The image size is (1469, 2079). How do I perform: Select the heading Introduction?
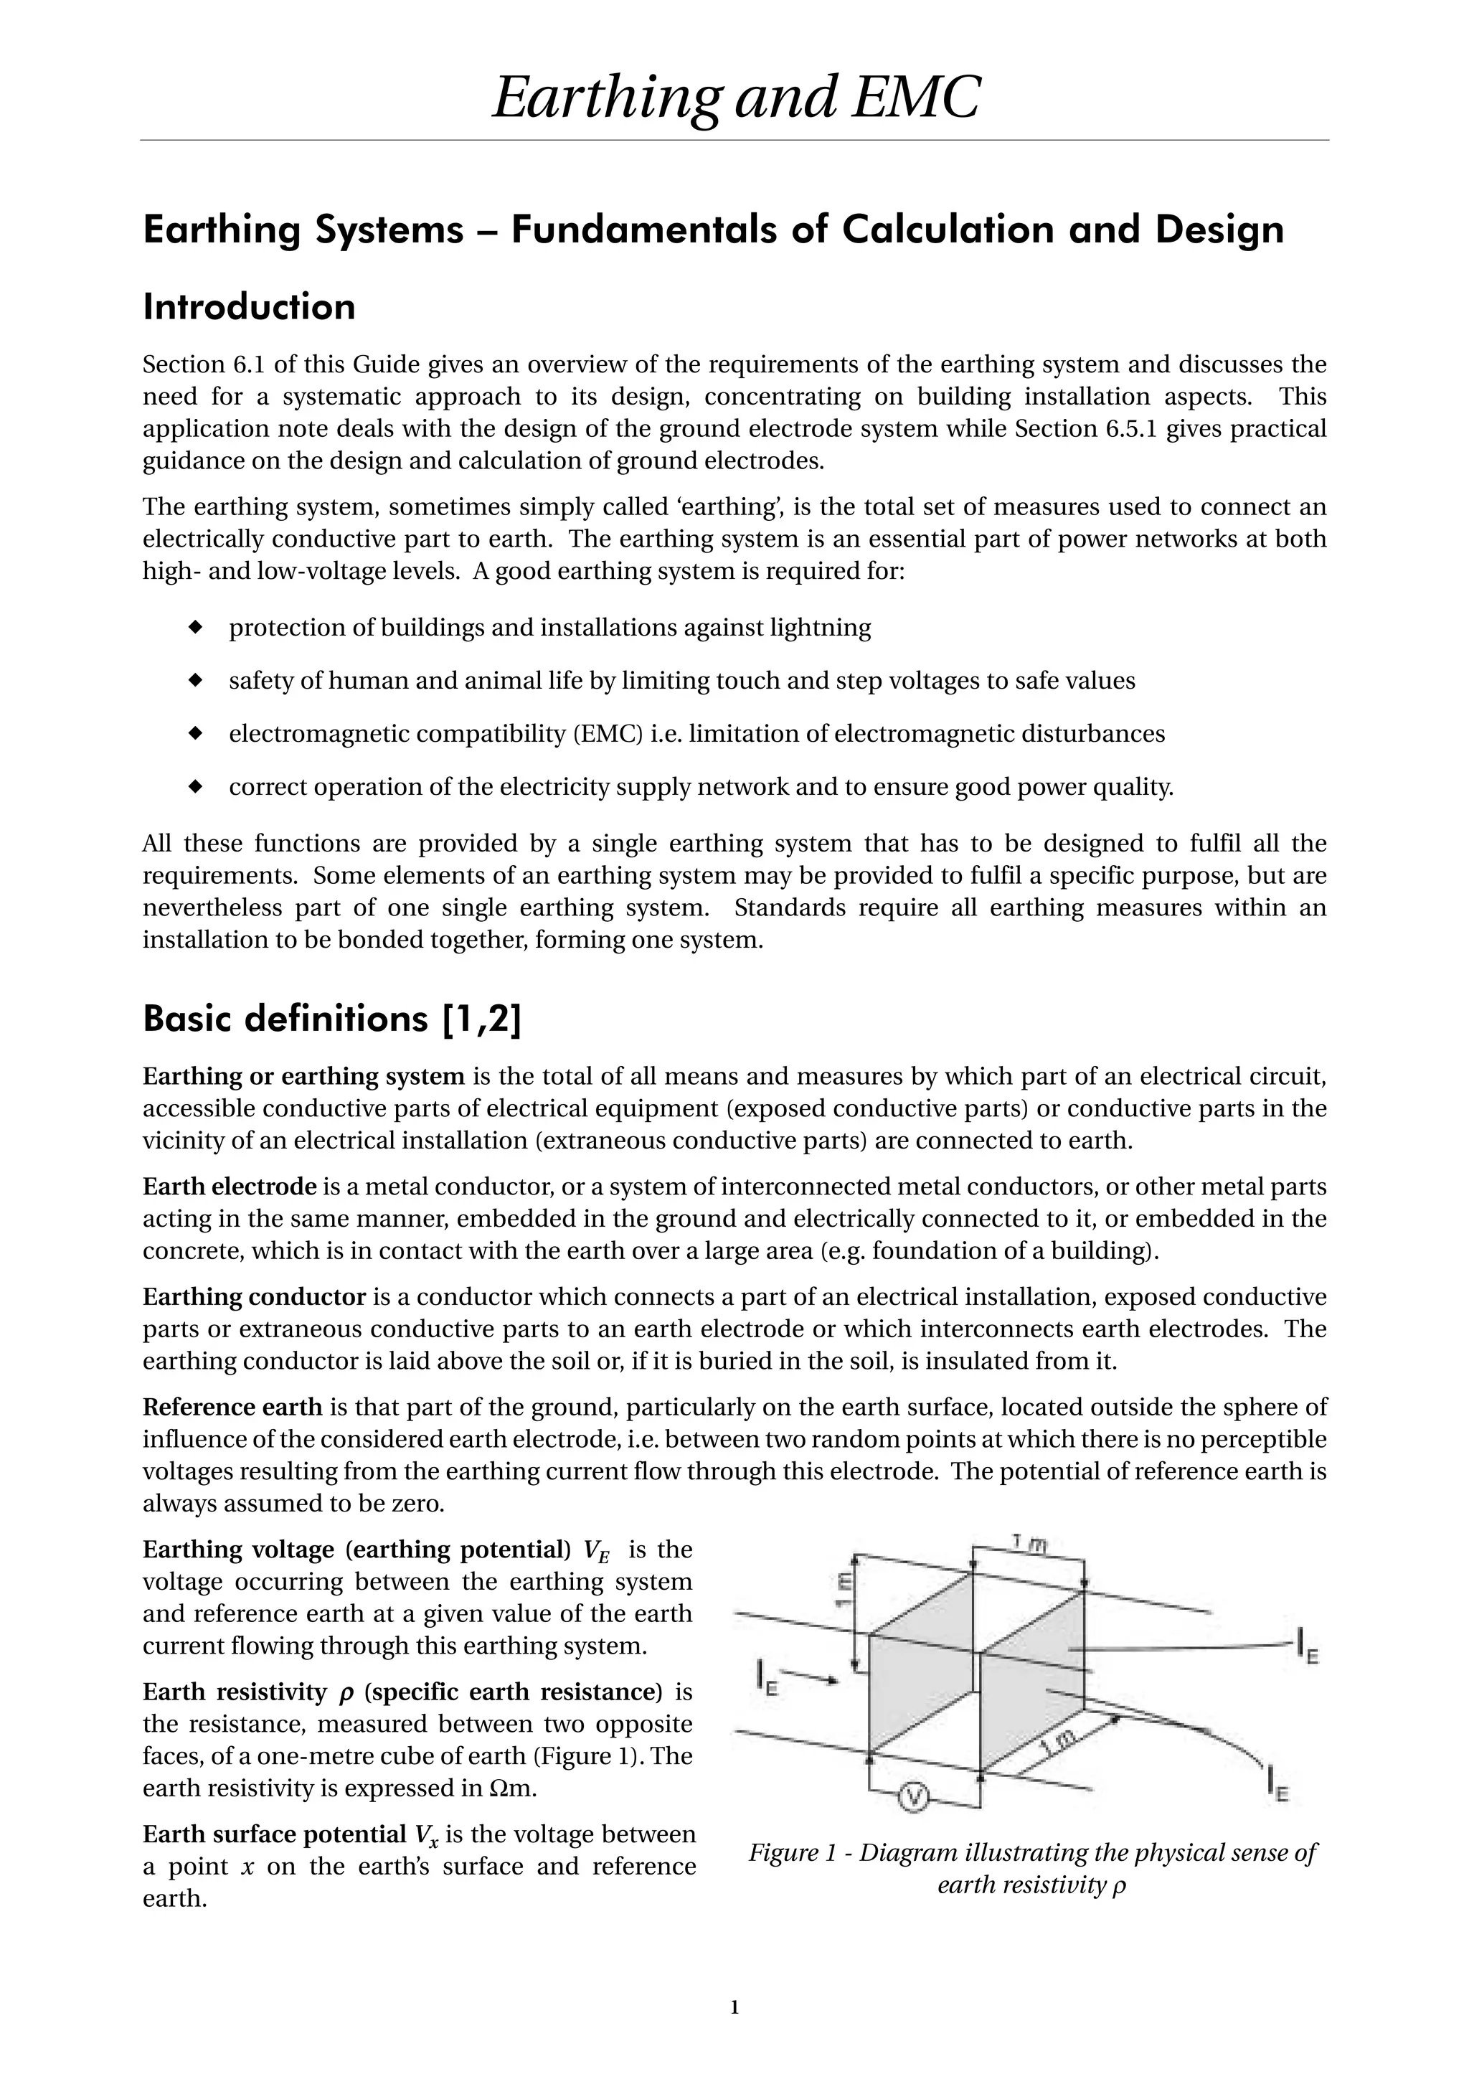click(x=249, y=307)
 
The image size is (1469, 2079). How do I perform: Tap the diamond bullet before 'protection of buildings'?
click(x=194, y=626)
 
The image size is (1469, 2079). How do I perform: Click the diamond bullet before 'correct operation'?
click(x=194, y=786)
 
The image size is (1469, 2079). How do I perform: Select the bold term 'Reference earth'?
click(x=232, y=1406)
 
